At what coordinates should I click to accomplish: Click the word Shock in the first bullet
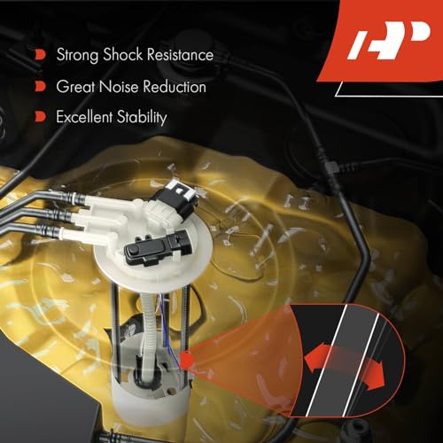tap(122, 55)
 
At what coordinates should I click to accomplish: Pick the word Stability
tap(142, 116)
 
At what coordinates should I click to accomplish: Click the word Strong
tap(77, 55)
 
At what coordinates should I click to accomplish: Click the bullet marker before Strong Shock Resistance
tap(40, 55)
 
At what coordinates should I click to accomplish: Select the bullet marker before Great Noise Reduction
tap(40, 87)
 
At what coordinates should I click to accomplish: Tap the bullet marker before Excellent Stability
tap(40, 116)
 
